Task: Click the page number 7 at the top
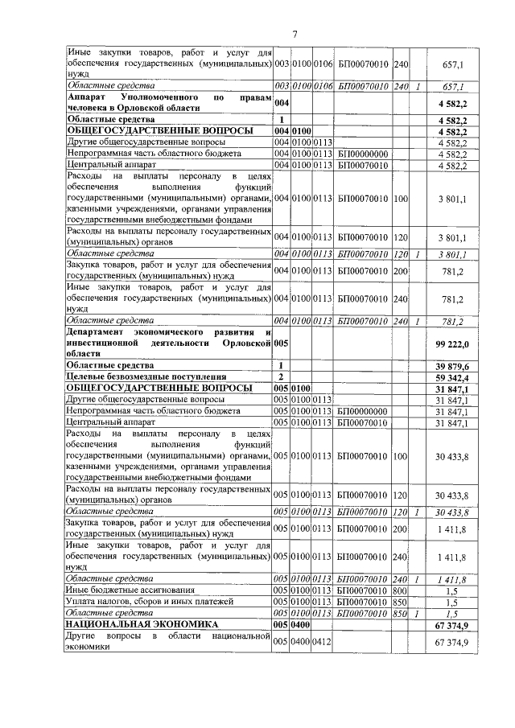[295, 33]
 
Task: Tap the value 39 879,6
[455, 365]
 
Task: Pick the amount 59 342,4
[455, 376]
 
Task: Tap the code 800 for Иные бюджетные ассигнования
[400, 590]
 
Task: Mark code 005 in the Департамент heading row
[281, 343]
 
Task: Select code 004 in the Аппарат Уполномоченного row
[281, 103]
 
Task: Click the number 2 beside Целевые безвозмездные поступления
[281, 376]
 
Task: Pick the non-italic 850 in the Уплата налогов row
[400, 601]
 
